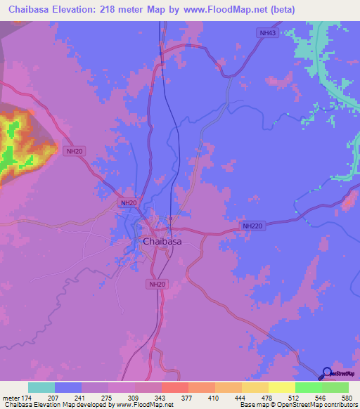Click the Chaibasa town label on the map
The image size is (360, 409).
coord(162,242)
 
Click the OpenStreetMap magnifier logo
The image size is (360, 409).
coord(326,373)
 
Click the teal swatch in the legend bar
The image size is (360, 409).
coord(41,387)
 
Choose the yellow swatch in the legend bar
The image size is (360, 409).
coord(281,387)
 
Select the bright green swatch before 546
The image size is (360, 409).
coord(308,387)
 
